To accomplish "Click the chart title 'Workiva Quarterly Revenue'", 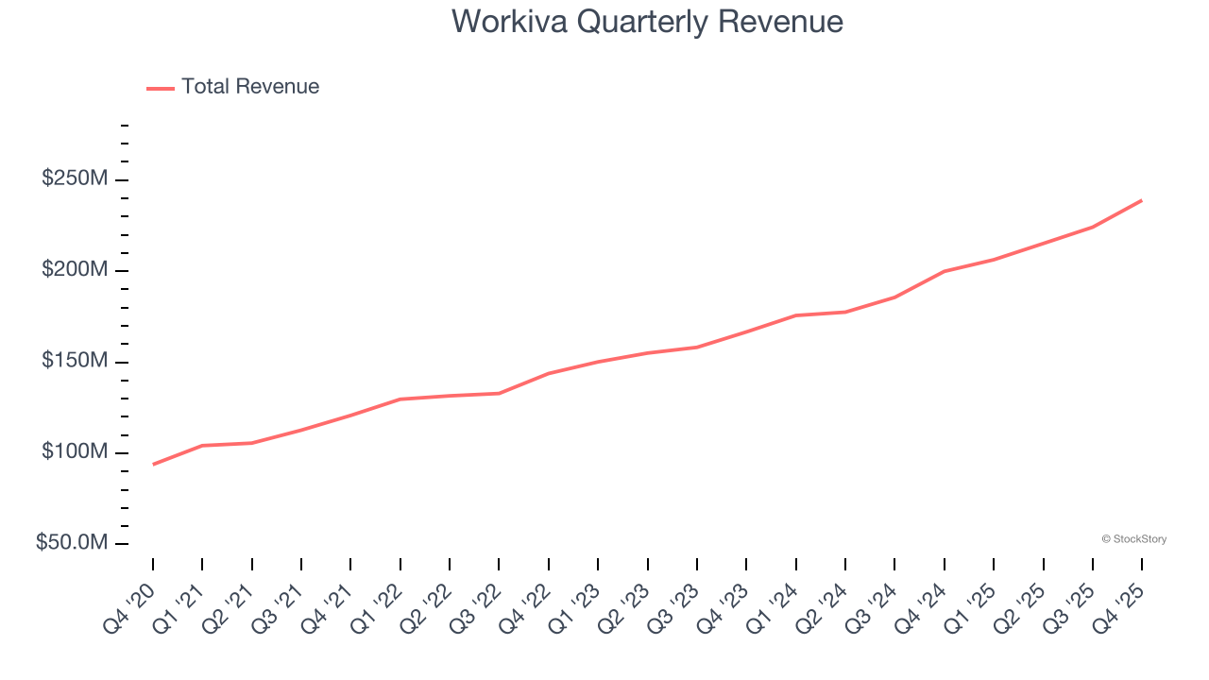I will (x=647, y=21).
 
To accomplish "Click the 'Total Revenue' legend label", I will (x=250, y=87).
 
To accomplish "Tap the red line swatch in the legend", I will (x=161, y=88).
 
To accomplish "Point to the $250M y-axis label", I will (x=74, y=179).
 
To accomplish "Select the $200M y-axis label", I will (x=74, y=271).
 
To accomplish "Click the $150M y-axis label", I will (x=74, y=362).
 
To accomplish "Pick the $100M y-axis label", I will (x=74, y=452).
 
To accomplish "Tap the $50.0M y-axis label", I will (x=71, y=543).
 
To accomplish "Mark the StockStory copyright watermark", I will (x=1133, y=539).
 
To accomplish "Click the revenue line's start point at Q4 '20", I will (x=153, y=464).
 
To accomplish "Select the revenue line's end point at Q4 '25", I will (x=1142, y=200).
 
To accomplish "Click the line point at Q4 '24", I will (x=945, y=271).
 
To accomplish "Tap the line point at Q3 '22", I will (x=499, y=393).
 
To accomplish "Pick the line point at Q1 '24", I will (x=796, y=315).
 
